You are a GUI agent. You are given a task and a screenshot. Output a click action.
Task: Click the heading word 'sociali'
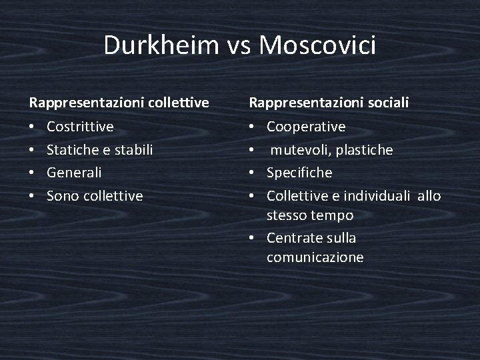click(x=387, y=103)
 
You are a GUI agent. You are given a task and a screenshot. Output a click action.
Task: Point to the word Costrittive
click(x=81, y=126)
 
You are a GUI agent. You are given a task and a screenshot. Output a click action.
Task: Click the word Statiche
click(x=71, y=149)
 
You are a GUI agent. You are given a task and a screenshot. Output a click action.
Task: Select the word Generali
click(x=75, y=173)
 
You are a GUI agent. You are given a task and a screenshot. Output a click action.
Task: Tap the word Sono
click(x=61, y=196)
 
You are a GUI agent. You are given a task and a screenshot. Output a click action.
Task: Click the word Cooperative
click(x=306, y=126)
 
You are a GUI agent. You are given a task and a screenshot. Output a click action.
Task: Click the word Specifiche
click(x=299, y=173)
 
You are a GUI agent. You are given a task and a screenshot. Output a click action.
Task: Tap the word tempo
click(x=331, y=215)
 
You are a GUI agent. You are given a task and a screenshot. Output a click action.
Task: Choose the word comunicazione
click(x=315, y=257)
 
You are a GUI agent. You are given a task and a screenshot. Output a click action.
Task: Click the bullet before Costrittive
click(x=32, y=127)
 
